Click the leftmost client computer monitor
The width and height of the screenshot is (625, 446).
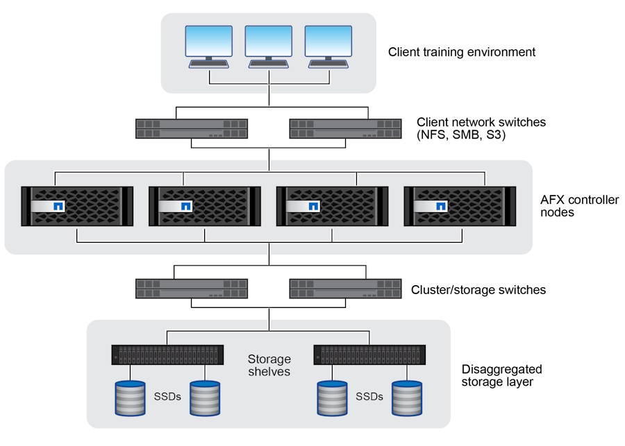(209, 42)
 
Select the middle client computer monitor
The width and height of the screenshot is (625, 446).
(269, 42)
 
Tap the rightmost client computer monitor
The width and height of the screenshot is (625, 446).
(328, 42)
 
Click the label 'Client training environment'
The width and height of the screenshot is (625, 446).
(461, 52)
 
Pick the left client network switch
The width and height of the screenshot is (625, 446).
(192, 128)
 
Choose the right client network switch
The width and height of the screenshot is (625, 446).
(345, 128)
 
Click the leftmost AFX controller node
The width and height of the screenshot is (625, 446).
(77, 205)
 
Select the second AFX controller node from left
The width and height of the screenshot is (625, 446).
(205, 205)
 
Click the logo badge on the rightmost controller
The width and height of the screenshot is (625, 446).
(440, 206)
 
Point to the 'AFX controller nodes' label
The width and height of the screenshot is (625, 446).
(579, 206)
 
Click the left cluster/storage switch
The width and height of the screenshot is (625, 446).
(192, 288)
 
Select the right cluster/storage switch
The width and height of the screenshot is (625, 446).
(345, 288)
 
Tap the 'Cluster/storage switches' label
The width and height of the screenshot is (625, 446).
(478, 290)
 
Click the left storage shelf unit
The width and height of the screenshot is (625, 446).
(167, 356)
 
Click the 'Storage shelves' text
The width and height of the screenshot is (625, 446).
(269, 366)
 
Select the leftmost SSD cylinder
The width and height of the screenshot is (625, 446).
(129, 397)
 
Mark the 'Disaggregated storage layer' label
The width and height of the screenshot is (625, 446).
(501, 375)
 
